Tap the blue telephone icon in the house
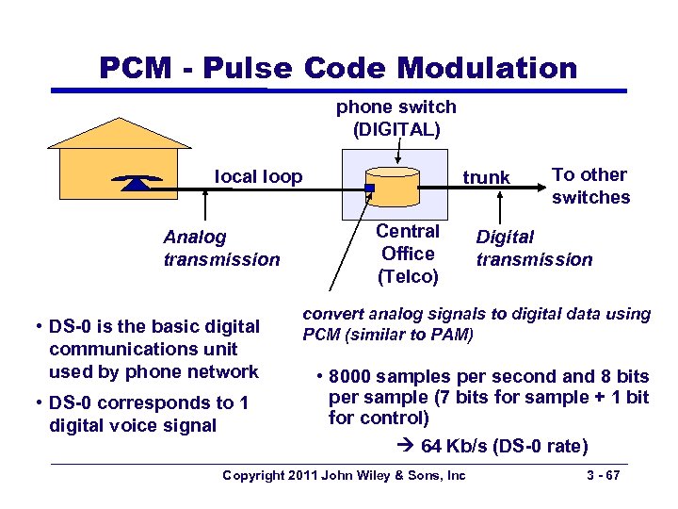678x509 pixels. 137,182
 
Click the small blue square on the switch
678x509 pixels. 370,189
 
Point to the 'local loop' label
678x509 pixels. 259,176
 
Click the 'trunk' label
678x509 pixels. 486,177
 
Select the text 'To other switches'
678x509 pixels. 590,186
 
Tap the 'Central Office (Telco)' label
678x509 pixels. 408,254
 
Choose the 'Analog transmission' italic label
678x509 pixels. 221,248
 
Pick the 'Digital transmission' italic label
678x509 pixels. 534,248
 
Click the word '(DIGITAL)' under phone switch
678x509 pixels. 395,128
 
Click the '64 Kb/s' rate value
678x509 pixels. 455,444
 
